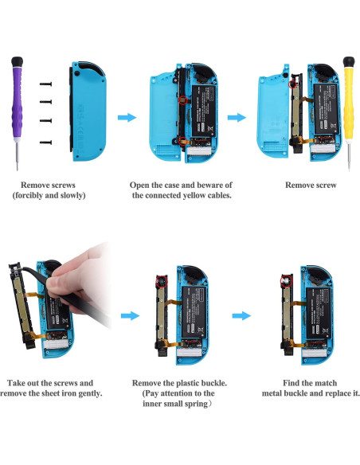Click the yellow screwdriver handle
347,88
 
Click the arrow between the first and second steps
126,118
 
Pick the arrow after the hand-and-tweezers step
126,315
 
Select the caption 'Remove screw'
311,185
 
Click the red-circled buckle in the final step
284,280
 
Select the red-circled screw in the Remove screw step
294,82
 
